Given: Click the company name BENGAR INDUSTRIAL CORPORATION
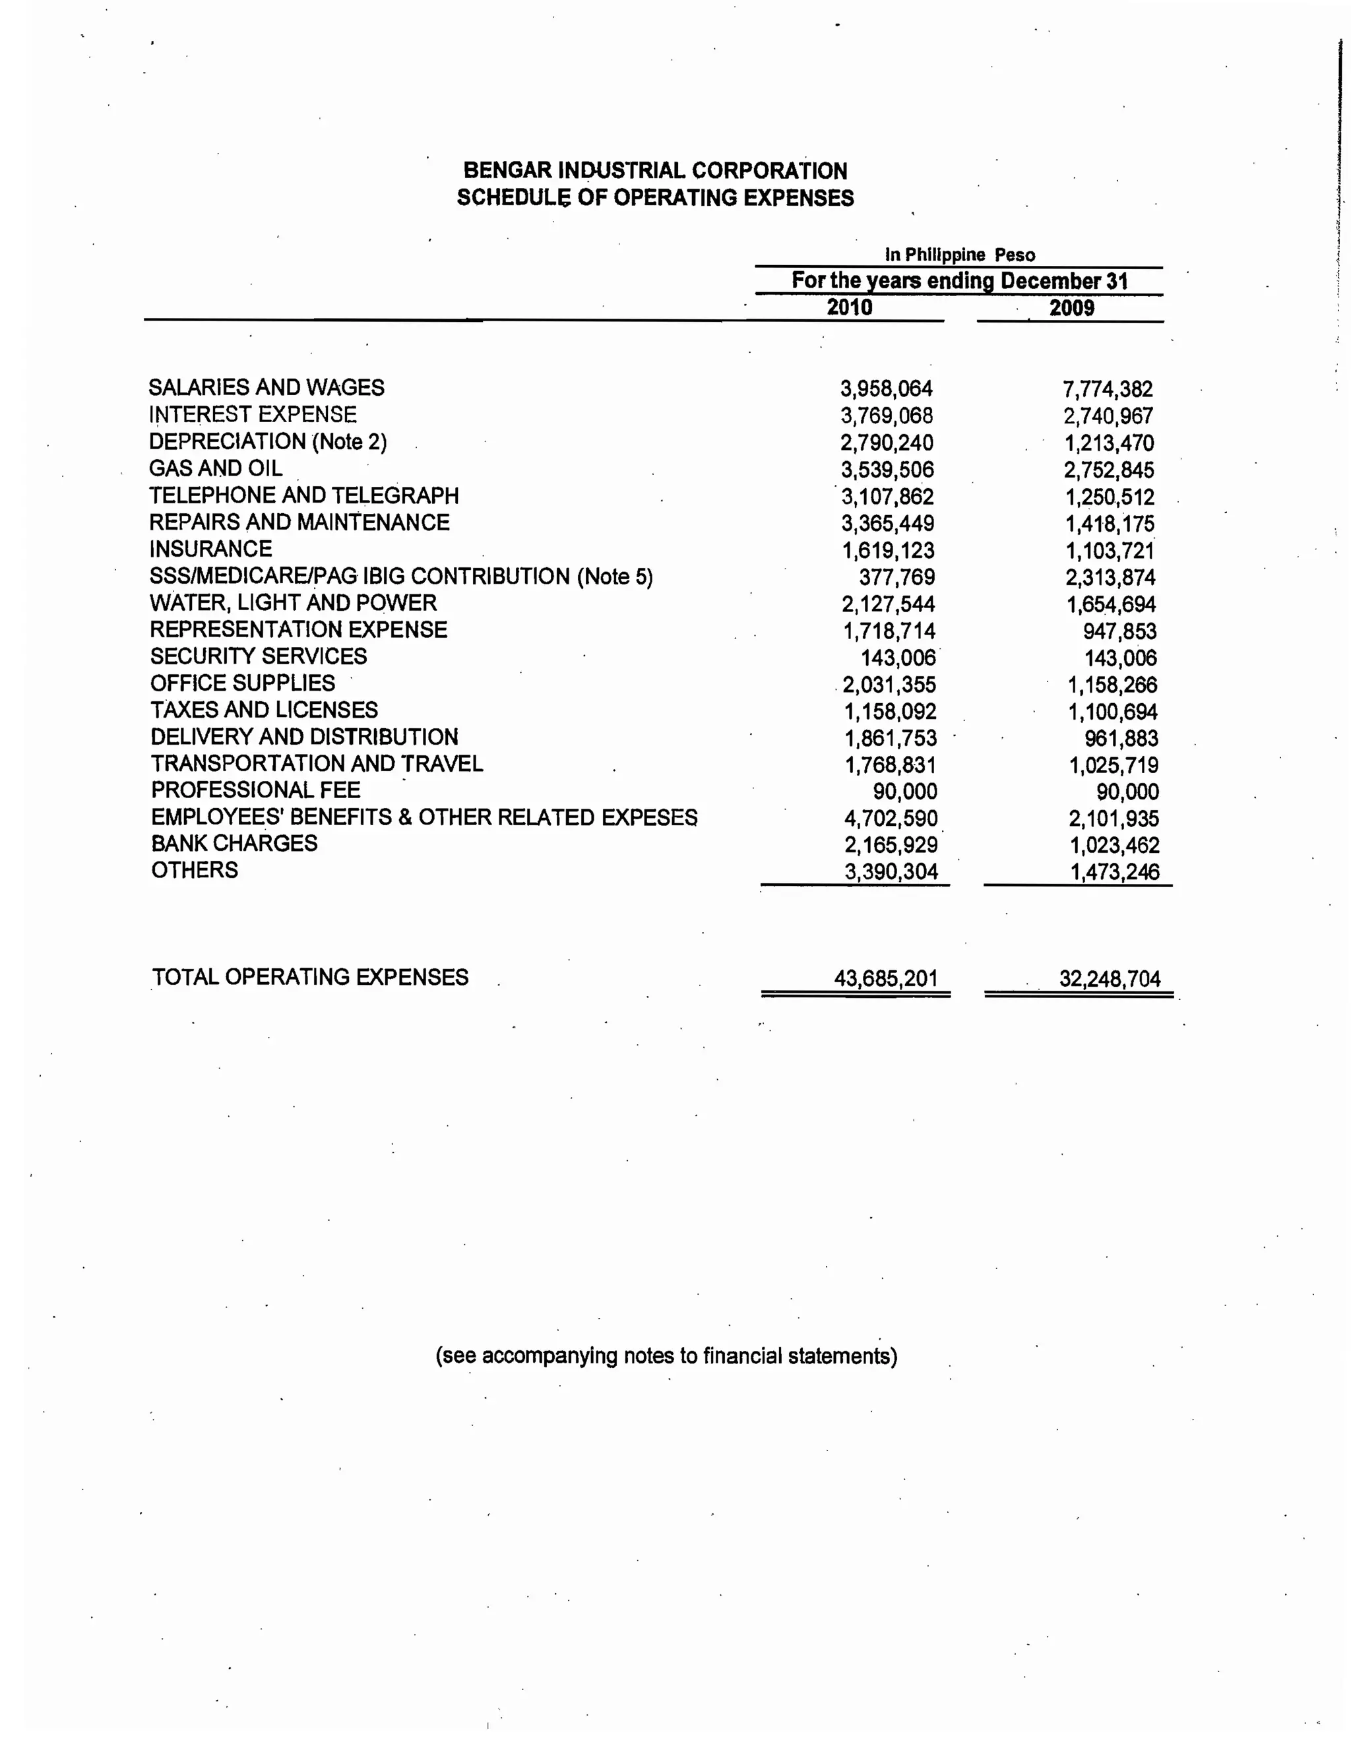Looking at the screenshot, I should pos(654,170).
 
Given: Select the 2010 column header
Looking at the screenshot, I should pos(849,307).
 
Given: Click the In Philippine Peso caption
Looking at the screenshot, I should pos(960,255).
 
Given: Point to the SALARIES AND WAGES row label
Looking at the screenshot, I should pos(266,387).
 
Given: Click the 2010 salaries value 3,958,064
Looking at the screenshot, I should pos(886,389).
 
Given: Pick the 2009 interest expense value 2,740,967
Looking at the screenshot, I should pos(1108,416).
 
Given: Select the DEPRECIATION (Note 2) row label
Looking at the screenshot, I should pos(267,442).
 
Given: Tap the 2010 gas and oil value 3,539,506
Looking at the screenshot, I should pos(887,470).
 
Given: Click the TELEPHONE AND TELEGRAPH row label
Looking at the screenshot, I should pos(303,495).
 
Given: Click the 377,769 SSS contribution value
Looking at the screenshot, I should pos(896,577).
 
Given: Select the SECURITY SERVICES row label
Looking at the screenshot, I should pos(258,656).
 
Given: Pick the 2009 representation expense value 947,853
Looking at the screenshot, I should pos(1119,631).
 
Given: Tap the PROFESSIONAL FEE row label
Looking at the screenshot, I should pos(255,790).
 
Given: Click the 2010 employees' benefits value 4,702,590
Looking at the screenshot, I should pos(890,819).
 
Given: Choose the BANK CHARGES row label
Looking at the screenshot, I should pos(234,844).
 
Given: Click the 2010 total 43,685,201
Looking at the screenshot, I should pos(885,978).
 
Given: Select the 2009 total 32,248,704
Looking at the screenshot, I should pos(1110,979).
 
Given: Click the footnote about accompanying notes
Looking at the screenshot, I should pos(666,1356).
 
